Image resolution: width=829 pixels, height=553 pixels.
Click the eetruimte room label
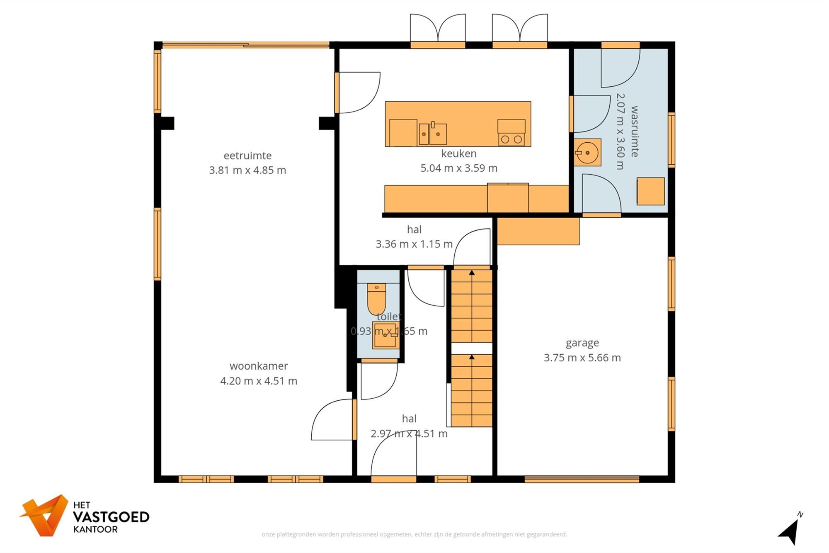tap(247, 156)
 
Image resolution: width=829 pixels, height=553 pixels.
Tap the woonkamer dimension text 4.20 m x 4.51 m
tap(259, 381)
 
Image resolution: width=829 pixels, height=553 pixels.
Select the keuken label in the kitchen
tap(459, 153)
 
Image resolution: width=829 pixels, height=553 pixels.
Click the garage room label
tap(582, 343)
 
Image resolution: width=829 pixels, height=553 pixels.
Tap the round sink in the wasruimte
tap(588, 152)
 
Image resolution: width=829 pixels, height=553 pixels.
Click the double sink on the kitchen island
tap(433, 134)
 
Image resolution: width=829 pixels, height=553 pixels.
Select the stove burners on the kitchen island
tap(511, 139)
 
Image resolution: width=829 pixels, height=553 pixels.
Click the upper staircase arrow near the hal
tap(472, 273)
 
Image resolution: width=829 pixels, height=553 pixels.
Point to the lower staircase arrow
tap(472, 357)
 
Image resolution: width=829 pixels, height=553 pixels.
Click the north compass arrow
tap(791, 531)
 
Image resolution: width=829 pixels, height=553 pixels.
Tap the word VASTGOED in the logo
tap(111, 517)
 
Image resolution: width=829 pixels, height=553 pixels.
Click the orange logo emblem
tap(45, 515)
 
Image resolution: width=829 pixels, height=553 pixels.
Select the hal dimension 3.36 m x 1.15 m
tap(414, 244)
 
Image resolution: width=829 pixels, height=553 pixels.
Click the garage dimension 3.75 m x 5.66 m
tap(582, 358)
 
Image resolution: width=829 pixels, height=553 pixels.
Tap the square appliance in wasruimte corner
tap(650, 191)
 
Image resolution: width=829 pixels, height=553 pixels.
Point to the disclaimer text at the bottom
tap(414, 534)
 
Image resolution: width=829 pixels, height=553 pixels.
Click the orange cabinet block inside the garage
tap(538, 231)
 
